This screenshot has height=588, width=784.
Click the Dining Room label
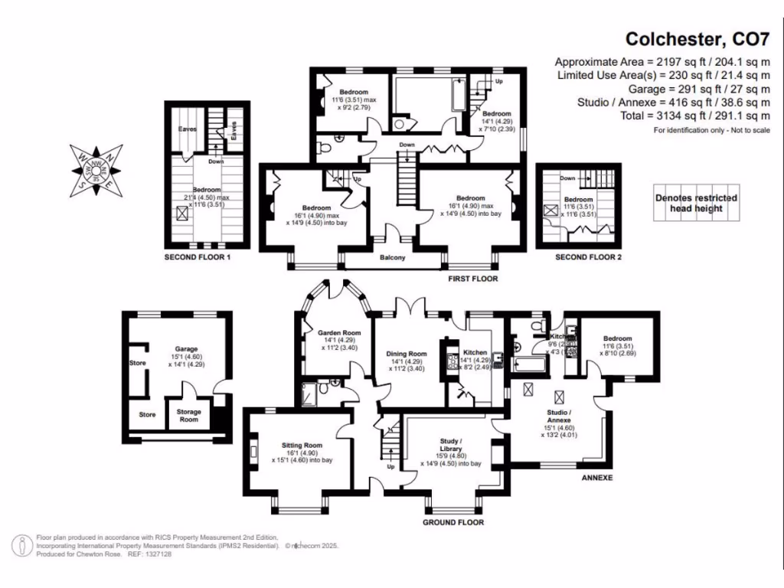(407, 354)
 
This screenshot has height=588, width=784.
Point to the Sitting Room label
(302, 445)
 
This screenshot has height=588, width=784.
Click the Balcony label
(393, 257)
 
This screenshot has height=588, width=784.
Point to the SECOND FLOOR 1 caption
(198, 258)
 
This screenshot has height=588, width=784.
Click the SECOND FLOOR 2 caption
(588, 258)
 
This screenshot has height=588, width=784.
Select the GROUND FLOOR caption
(453, 523)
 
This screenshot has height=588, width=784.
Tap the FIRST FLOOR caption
(473, 279)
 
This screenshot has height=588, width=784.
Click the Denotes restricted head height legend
(696, 203)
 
